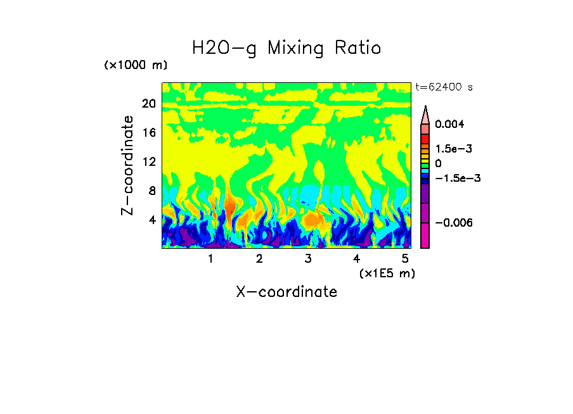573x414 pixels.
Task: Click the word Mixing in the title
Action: pos(295,48)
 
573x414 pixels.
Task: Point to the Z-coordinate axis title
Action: pos(128,165)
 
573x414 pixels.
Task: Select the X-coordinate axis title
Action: pos(286,292)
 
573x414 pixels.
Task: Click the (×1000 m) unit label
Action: pos(136,66)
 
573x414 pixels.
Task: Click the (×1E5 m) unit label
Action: pos(387,273)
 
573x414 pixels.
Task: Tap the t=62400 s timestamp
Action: pos(444,87)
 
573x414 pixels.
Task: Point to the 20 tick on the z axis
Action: pos(148,104)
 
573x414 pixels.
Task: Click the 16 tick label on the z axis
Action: pos(148,133)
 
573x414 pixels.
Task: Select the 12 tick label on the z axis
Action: pos(148,162)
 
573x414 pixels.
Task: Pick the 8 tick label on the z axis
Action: pos(151,191)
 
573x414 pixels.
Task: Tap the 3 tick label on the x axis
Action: pos(308,258)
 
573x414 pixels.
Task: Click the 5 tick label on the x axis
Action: pos(406,258)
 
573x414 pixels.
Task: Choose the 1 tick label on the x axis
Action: pos(210,258)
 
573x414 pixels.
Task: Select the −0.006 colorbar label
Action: pos(455,223)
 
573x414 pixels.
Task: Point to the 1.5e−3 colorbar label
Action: pos(454,149)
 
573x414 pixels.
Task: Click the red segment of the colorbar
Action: pos(425,137)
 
